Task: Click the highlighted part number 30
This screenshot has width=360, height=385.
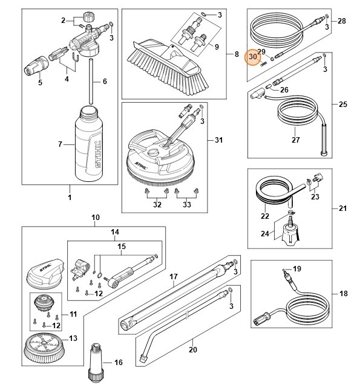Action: pyautogui.click(x=254, y=57)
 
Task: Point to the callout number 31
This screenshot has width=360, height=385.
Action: pyautogui.click(x=219, y=140)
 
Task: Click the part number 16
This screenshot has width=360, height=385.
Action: pyautogui.click(x=119, y=363)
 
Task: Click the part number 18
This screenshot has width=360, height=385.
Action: pyautogui.click(x=343, y=294)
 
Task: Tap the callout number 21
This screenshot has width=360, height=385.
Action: pyautogui.click(x=342, y=209)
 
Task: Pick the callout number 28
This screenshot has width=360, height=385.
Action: pyautogui.click(x=342, y=21)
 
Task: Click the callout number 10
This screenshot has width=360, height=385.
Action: pyautogui.click(x=94, y=216)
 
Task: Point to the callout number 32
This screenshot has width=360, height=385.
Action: pyautogui.click(x=157, y=205)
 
